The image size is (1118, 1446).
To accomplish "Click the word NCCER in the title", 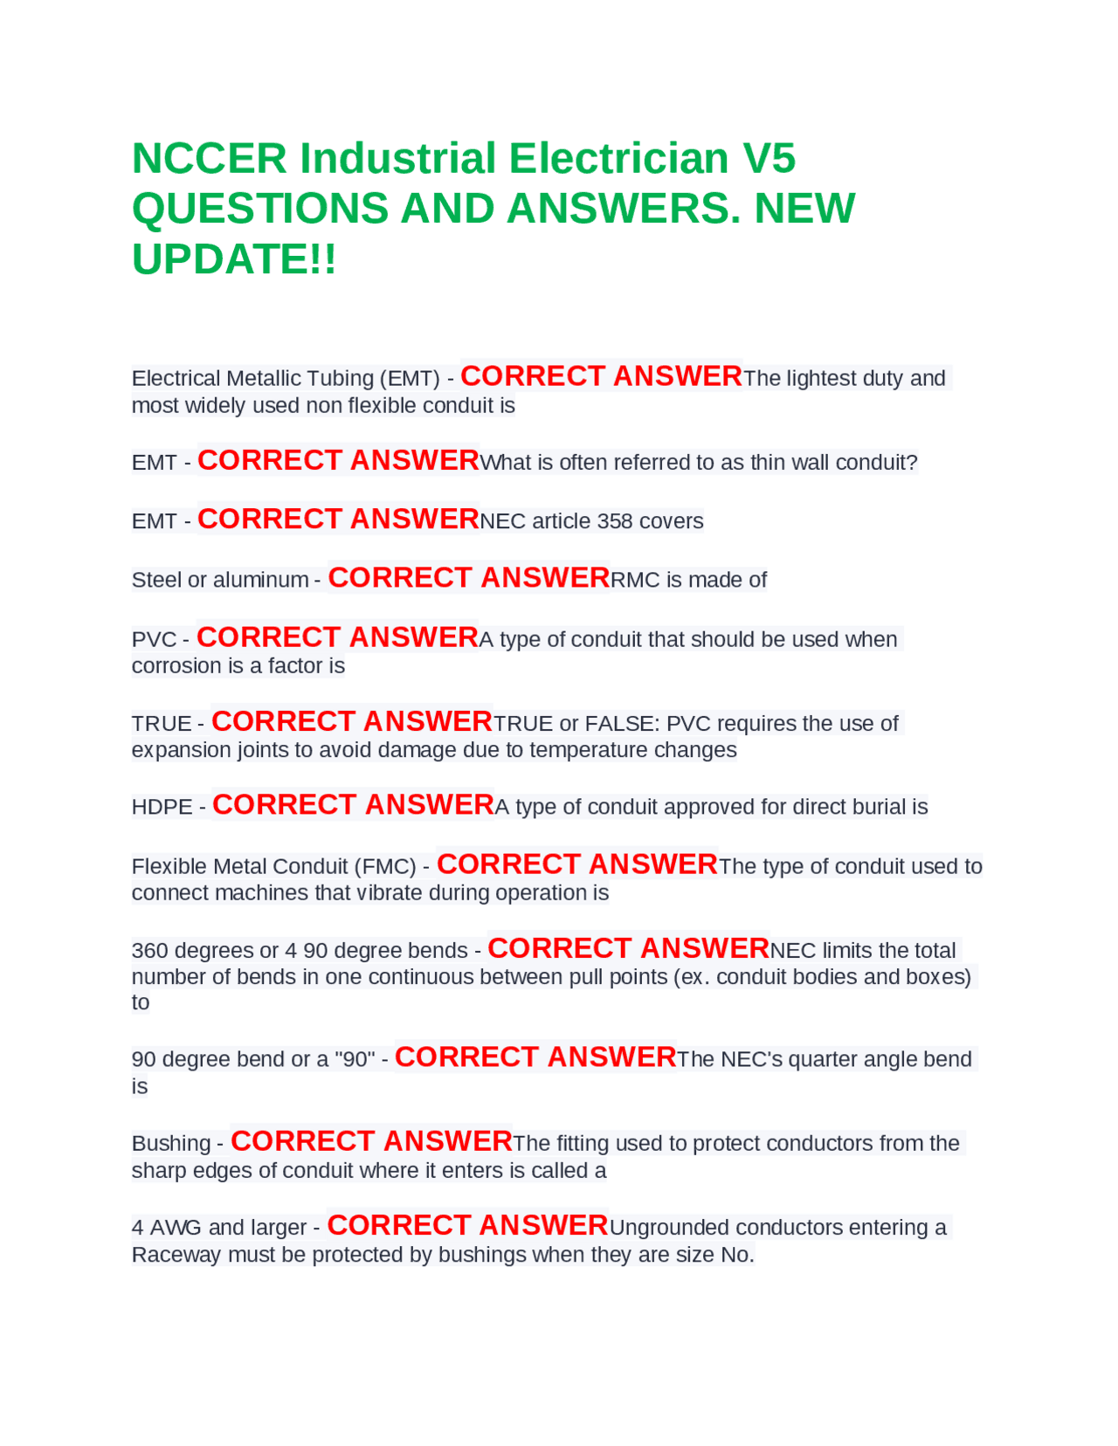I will tap(209, 159).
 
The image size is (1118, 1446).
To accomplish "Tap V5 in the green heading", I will tap(769, 159).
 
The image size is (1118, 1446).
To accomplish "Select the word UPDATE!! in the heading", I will tap(233, 259).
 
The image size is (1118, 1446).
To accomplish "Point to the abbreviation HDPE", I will tap(162, 807).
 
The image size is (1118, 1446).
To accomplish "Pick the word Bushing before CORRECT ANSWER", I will tap(171, 1143).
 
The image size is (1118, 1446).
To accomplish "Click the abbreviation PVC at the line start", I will tap(154, 639).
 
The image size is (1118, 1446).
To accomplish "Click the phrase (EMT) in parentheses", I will tap(409, 378).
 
